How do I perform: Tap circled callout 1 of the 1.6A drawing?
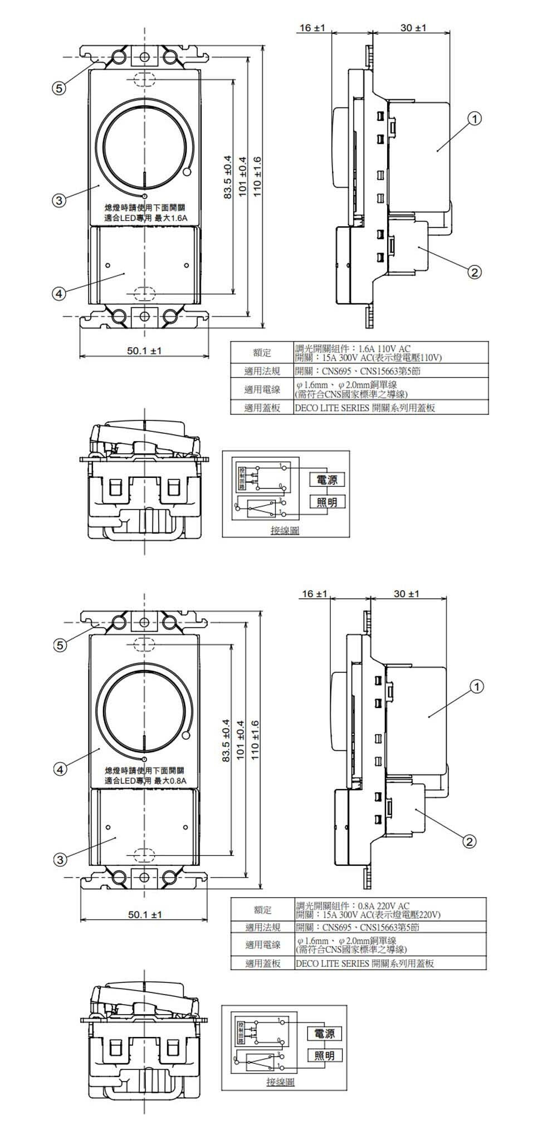(474, 118)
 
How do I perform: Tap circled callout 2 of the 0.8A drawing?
(470, 841)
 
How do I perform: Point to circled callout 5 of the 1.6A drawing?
(58, 88)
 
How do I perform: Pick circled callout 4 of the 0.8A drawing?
(58, 769)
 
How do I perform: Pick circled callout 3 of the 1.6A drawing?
(58, 200)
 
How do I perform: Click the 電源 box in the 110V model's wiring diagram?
(326, 479)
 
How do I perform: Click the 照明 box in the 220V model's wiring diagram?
(324, 1055)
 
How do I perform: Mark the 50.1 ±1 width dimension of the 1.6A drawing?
(144, 351)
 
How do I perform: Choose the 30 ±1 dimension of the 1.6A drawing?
(413, 27)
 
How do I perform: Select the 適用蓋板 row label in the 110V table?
(262, 408)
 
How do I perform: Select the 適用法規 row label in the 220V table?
(263, 927)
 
